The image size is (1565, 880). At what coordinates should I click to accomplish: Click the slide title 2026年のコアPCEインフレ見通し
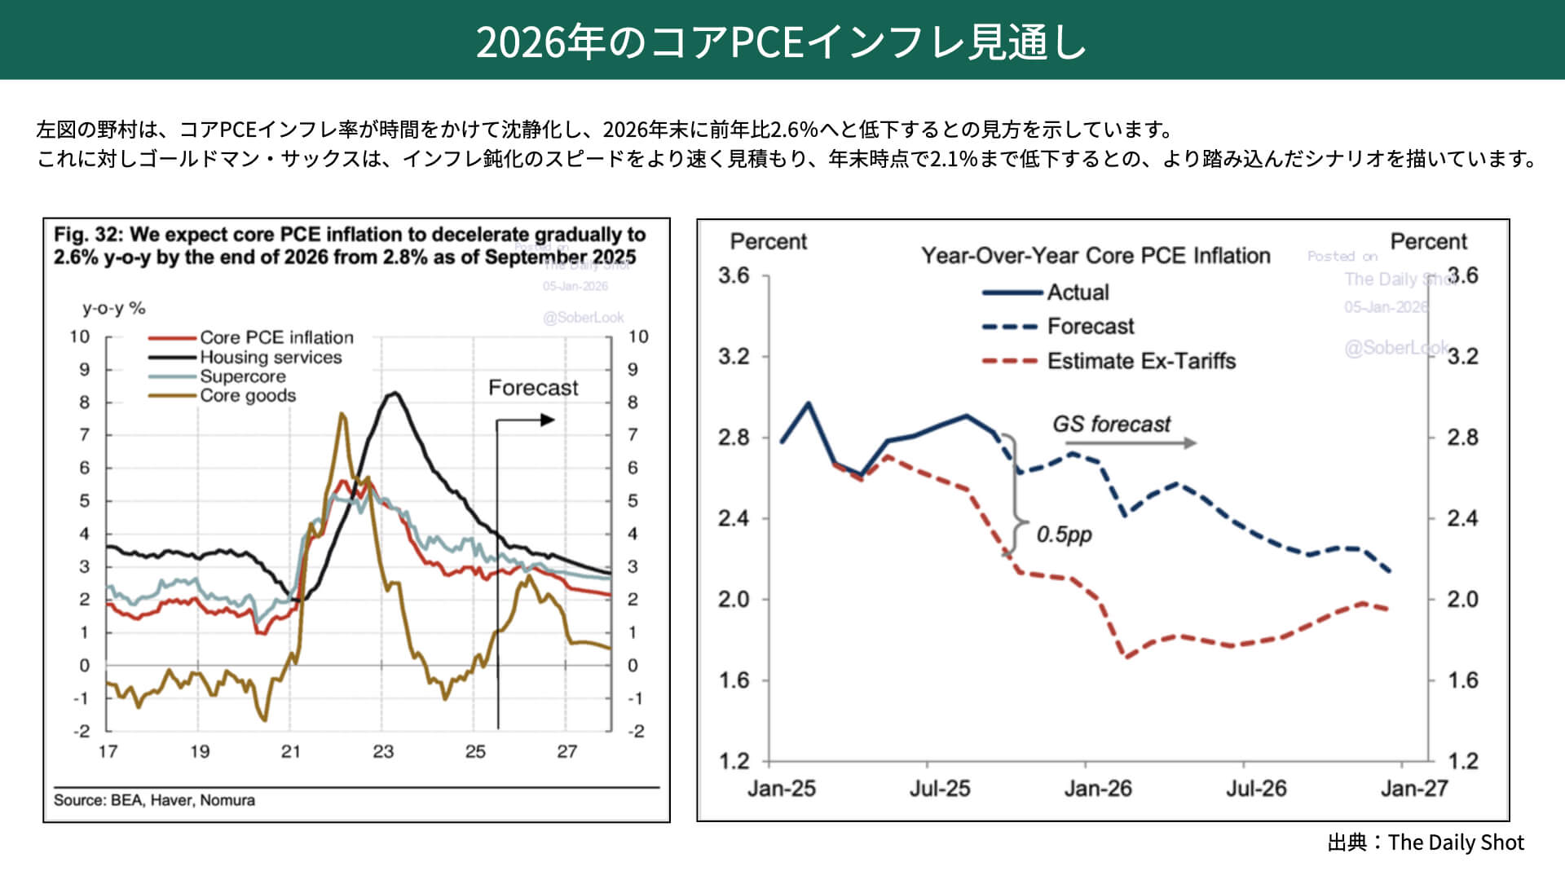pyautogui.click(x=781, y=41)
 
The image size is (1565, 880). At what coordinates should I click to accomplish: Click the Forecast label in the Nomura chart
pyautogui.click(x=533, y=388)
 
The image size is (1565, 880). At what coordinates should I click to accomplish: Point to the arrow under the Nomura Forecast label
pyautogui.click(x=527, y=420)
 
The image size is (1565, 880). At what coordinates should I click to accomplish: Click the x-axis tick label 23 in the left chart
pyautogui.click(x=383, y=751)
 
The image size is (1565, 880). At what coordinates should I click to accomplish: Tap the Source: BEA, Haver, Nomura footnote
pyautogui.click(x=154, y=800)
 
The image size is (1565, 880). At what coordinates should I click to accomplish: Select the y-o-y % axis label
pyautogui.click(x=113, y=308)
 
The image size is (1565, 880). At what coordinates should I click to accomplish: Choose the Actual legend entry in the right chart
pyautogui.click(x=1078, y=292)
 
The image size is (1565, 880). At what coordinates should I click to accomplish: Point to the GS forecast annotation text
pyautogui.click(x=1111, y=425)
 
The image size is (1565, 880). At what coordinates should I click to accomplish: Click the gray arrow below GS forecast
pyautogui.click(x=1131, y=443)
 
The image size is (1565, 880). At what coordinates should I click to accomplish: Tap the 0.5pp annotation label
pyautogui.click(x=1064, y=535)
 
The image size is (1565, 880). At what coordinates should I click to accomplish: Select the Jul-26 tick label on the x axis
pyautogui.click(x=1256, y=788)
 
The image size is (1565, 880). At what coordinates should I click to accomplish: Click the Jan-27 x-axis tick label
pyautogui.click(x=1414, y=788)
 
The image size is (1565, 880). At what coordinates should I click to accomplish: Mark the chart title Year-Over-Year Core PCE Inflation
pyautogui.click(x=1095, y=256)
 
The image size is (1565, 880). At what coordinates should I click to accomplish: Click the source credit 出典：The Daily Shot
pyautogui.click(x=1426, y=843)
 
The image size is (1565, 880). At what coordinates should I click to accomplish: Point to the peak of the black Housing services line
pyautogui.click(x=395, y=394)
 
